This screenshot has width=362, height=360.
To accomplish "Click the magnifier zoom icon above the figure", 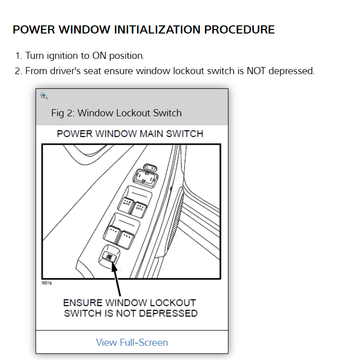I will [44, 95].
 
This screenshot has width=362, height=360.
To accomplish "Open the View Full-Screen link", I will [131, 342].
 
